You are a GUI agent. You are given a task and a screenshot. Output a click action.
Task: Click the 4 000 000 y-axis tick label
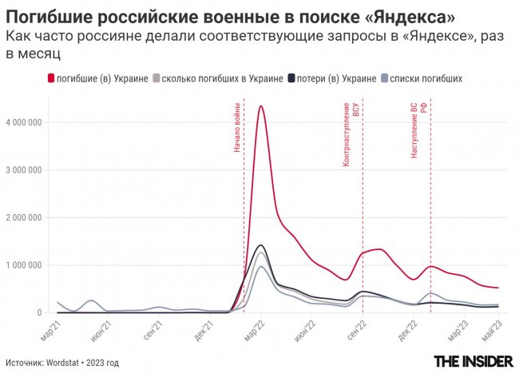click(x=25, y=122)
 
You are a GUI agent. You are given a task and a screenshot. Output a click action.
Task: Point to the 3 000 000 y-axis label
click(x=25, y=169)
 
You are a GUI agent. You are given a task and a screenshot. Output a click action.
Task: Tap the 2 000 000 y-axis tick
click(x=25, y=217)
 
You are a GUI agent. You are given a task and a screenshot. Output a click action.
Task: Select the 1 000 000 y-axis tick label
click(x=25, y=265)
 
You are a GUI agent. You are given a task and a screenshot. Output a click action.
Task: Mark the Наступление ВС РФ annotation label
click(x=419, y=129)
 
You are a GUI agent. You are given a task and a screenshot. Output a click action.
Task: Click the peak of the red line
click(x=261, y=105)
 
